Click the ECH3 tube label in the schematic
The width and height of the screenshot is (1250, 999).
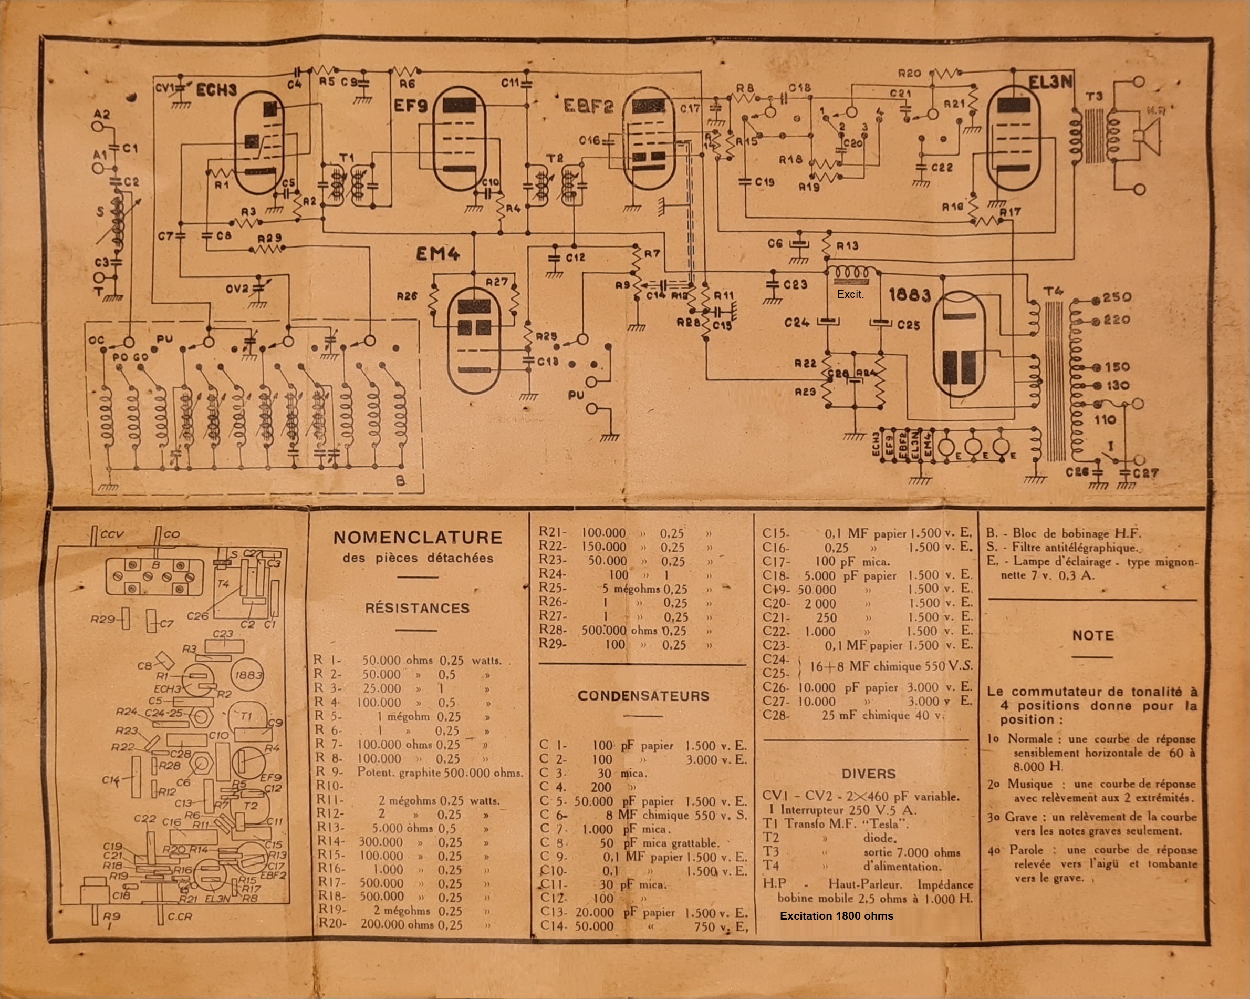point(216,90)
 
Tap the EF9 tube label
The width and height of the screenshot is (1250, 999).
point(411,106)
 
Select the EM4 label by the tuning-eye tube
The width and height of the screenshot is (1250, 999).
point(437,254)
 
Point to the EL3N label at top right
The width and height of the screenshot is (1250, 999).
point(1050,82)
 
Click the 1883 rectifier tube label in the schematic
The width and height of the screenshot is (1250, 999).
point(909,295)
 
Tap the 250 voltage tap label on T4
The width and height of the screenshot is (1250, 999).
point(1117,297)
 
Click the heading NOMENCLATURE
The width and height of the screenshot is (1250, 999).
point(418,538)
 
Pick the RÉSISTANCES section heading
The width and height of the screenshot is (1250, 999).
point(418,608)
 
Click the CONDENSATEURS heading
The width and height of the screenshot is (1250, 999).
point(643,696)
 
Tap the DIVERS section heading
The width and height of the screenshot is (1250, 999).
point(869,774)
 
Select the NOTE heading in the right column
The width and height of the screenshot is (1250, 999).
point(1093,635)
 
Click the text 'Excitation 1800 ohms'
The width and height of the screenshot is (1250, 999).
point(836,916)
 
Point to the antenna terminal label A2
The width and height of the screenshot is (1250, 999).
point(101,115)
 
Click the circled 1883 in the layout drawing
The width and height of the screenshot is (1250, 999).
point(247,675)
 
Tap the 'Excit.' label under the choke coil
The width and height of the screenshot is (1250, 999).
point(850,295)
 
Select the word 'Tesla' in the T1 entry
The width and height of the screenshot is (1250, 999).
point(881,824)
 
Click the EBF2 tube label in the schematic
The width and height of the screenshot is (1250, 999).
point(588,106)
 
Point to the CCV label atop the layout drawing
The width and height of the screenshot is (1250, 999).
point(112,534)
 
